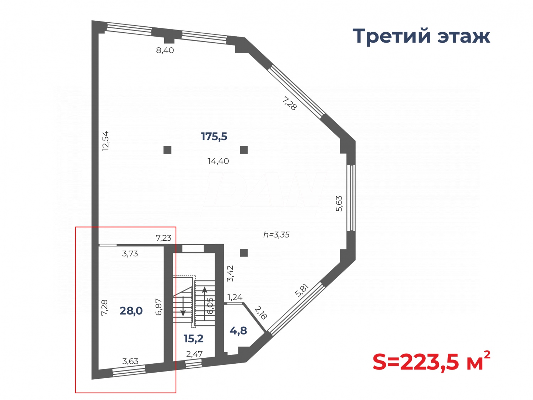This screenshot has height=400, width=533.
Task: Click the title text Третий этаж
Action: pyautogui.click(x=421, y=36)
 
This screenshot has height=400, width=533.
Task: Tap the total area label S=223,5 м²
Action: pyautogui.click(x=431, y=362)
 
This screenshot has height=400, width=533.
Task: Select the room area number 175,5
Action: pyautogui.click(x=214, y=136)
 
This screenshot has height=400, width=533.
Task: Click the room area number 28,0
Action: pyautogui.click(x=131, y=311)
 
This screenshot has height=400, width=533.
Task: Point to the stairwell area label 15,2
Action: pyautogui.click(x=194, y=338)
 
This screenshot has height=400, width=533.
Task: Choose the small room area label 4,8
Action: pyautogui.click(x=238, y=331)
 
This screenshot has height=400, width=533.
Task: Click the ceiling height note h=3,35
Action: pyautogui.click(x=276, y=235)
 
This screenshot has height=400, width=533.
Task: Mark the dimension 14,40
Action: pyautogui.click(x=218, y=161)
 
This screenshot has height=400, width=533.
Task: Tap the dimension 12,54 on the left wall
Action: pyautogui.click(x=106, y=141)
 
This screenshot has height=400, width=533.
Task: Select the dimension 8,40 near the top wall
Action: pyautogui.click(x=165, y=50)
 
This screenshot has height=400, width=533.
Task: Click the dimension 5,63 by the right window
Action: pyautogui.click(x=339, y=203)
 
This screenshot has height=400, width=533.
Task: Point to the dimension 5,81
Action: pyautogui.click(x=302, y=290)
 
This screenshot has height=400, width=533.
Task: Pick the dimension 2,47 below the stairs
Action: pyautogui.click(x=194, y=354)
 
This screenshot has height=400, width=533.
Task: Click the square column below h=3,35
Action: pyautogui.click(x=244, y=253)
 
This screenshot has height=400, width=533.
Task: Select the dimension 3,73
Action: pyautogui.click(x=130, y=254)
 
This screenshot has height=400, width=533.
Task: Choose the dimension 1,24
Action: pyautogui.click(x=235, y=297)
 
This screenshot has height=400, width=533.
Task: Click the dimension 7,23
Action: pyautogui.click(x=163, y=238)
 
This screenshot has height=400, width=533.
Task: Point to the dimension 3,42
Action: pyautogui.click(x=230, y=273)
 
